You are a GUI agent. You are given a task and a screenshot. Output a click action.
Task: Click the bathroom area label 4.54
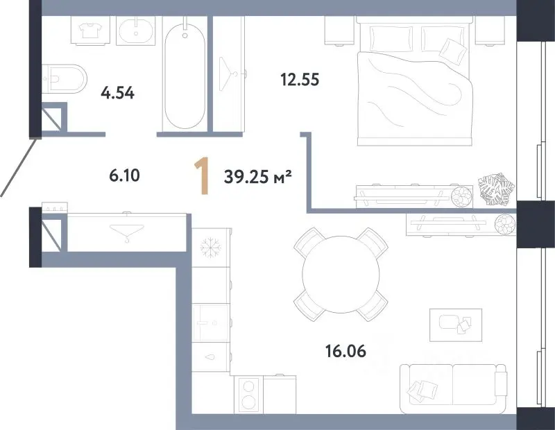click(117, 94)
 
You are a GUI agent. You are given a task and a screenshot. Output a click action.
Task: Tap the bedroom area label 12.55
click(300, 80)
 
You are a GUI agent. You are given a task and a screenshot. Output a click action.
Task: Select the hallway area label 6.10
click(125, 175)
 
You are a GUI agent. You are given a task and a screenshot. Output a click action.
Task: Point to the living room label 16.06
click(345, 351)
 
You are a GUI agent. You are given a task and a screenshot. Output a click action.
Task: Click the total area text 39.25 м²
click(257, 176)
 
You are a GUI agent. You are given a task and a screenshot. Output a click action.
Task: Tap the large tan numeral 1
click(202, 176)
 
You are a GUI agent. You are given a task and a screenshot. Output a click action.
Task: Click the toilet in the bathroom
click(65, 79)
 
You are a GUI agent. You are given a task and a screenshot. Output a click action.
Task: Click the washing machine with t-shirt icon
click(89, 31)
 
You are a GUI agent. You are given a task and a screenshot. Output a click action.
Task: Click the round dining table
click(341, 274)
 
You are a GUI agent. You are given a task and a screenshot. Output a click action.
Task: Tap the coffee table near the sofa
click(456, 325)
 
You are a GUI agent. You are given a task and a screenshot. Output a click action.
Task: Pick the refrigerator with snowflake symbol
click(212, 247)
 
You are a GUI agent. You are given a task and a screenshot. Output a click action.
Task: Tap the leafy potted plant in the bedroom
click(496, 189)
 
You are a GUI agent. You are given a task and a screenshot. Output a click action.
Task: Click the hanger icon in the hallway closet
click(127, 232)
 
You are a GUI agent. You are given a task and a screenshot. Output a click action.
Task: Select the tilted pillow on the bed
click(453, 52)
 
